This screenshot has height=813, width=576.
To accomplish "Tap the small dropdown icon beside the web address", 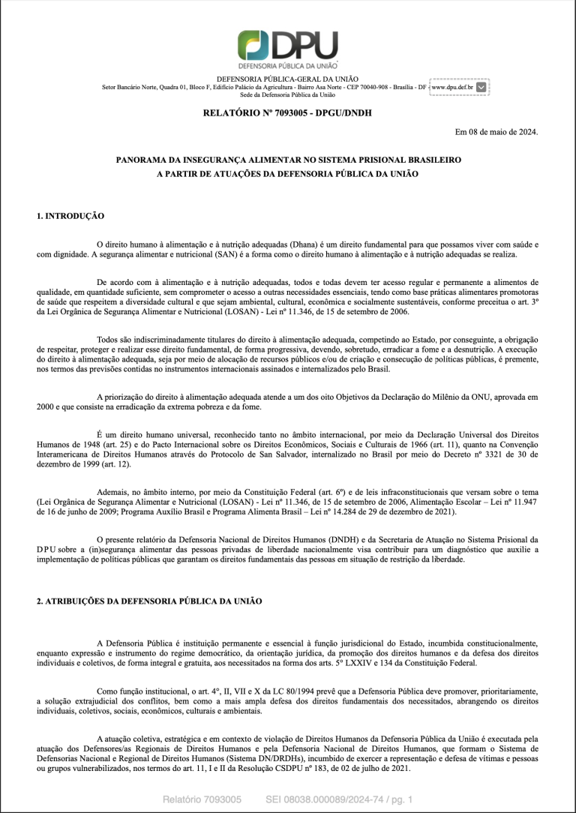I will pos(481,87).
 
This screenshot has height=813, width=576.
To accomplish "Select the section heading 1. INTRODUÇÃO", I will pos(70,216).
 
